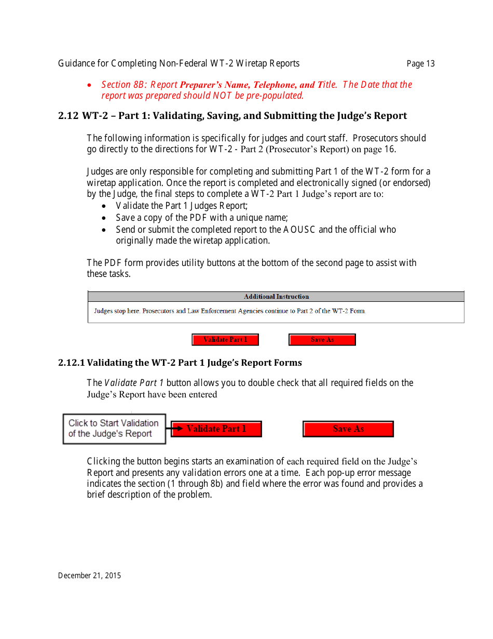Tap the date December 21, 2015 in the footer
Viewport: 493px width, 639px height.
tap(89, 575)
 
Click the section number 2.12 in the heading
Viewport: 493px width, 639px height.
tap(68, 116)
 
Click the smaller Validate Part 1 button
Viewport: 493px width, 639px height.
tap(225, 340)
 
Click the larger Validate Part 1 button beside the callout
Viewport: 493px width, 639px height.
tap(216, 429)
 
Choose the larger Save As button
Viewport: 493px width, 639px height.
tap(348, 429)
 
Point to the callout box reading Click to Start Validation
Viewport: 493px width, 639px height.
tap(114, 429)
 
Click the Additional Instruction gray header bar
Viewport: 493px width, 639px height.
tap(276, 297)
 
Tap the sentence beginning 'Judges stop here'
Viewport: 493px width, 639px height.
tap(230, 311)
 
